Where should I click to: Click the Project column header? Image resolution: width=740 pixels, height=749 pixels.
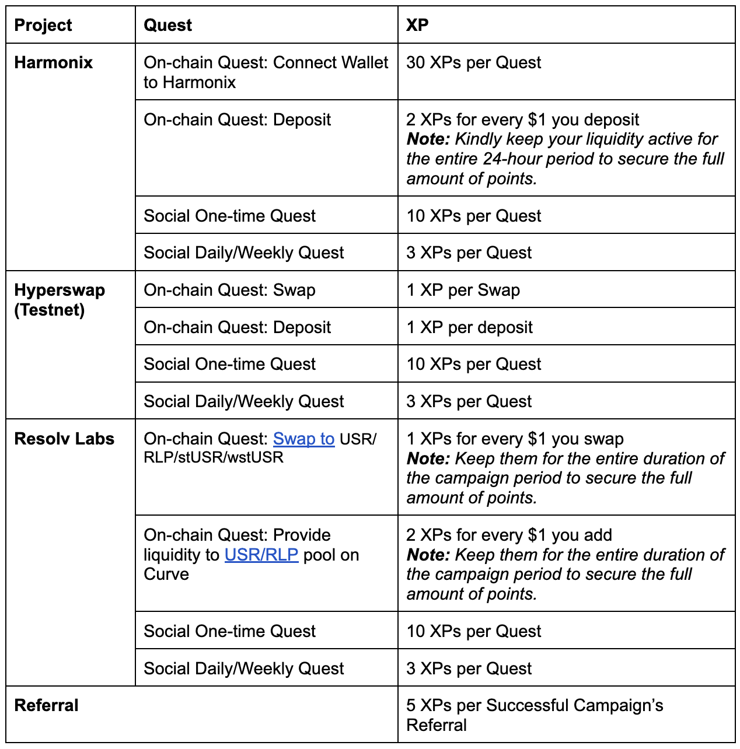[43, 25]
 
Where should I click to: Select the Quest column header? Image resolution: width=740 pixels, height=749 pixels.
[167, 25]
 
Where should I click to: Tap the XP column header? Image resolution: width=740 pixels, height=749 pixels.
[417, 25]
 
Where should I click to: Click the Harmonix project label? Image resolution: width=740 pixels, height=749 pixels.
[53, 62]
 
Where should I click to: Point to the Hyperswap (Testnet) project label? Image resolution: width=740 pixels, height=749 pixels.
[59, 300]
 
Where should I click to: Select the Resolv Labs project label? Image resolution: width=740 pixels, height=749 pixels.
[64, 439]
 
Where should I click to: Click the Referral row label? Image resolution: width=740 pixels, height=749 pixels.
[46, 705]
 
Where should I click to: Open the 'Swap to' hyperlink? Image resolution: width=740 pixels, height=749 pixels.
[303, 439]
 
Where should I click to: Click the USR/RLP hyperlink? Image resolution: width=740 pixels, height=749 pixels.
[261, 555]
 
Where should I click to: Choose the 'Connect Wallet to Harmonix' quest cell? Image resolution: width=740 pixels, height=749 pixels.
[266, 72]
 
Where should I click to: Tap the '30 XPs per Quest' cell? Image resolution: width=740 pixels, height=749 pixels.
[473, 62]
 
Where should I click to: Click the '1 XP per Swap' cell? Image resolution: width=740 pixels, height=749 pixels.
[463, 290]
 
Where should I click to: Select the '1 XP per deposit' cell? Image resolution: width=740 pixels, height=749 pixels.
[469, 327]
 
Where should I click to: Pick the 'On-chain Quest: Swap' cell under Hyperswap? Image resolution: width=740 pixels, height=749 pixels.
[229, 290]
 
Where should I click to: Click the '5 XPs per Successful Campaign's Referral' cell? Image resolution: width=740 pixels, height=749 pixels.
[534, 715]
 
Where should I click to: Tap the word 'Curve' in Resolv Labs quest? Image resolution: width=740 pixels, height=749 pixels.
[166, 574]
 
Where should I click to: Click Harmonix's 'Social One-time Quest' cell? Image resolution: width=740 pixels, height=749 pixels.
[229, 216]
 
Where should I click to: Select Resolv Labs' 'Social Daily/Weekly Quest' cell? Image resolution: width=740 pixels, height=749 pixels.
[243, 668]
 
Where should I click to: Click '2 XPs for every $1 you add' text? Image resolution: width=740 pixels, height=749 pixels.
[509, 535]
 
